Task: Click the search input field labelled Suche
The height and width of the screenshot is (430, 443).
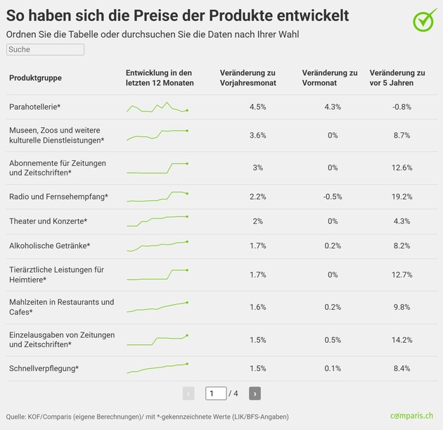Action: click(45, 50)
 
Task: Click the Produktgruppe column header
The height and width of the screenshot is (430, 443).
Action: click(35, 77)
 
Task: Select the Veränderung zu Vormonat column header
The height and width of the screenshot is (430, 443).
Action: click(329, 77)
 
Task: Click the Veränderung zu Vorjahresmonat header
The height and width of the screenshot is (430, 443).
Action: click(248, 77)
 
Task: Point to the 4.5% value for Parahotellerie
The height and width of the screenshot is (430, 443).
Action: click(257, 107)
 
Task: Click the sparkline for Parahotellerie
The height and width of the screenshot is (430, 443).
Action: click(158, 107)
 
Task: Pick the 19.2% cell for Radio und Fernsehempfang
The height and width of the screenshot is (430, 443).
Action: click(402, 197)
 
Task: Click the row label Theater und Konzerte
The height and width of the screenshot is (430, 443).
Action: click(48, 221)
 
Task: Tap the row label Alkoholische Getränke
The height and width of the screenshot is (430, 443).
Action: click(49, 246)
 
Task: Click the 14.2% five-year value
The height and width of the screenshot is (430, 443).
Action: click(402, 340)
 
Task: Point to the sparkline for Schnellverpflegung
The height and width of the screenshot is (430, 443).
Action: click(158, 367)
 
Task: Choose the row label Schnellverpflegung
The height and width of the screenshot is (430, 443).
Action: click(44, 368)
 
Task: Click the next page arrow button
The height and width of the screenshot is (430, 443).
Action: click(255, 393)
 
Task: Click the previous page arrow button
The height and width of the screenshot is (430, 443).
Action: click(188, 393)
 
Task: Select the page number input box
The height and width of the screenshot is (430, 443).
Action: click(216, 393)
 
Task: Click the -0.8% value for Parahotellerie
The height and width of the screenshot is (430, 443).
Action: click(402, 107)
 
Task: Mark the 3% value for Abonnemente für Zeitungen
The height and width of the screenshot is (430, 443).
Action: click(257, 168)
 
